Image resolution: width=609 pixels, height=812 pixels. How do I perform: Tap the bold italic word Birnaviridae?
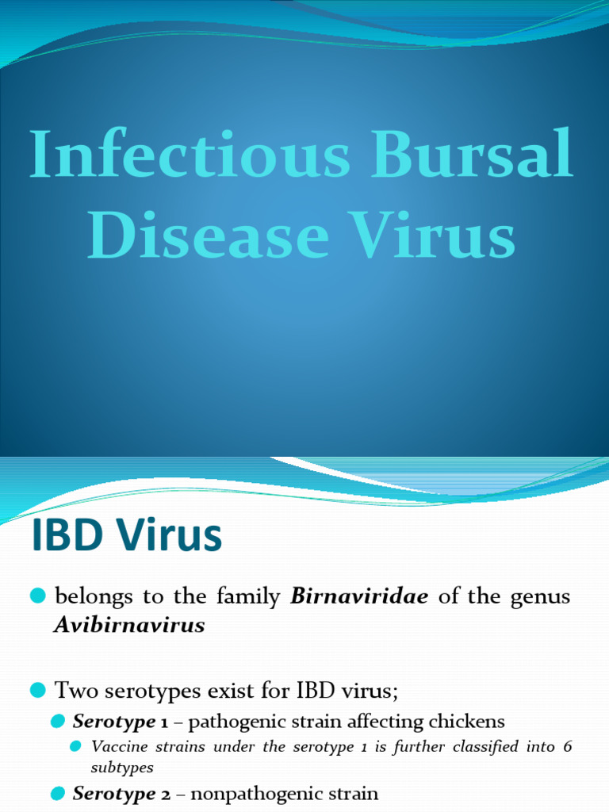[360, 596]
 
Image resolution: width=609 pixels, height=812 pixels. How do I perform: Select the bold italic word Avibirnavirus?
[130, 625]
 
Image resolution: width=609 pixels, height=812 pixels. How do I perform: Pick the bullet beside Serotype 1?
[57, 721]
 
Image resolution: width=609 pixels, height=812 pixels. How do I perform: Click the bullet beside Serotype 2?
[57, 792]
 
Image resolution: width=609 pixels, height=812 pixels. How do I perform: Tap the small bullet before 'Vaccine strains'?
[76, 746]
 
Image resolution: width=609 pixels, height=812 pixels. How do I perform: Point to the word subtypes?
[122, 768]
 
